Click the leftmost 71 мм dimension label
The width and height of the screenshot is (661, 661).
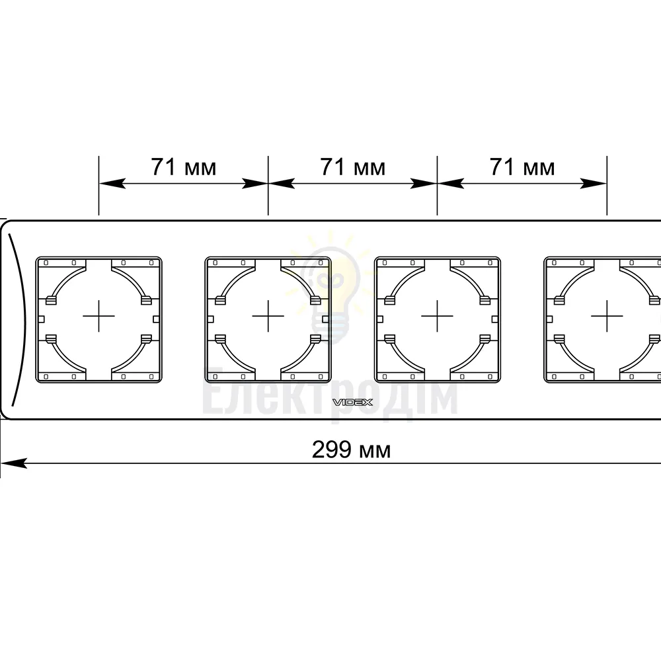pos(184,167)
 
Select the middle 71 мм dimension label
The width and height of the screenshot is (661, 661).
pos(353,167)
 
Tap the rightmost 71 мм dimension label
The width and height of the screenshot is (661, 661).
pos(522,167)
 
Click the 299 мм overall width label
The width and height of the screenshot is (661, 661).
pos(351,449)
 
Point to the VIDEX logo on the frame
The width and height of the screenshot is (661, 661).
pos(353,402)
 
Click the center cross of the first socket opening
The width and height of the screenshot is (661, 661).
pos(98,316)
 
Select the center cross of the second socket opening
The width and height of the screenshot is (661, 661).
pos(268,316)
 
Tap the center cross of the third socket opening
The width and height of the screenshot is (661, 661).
pos(437,316)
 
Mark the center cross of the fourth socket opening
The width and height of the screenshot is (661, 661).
pos(607,316)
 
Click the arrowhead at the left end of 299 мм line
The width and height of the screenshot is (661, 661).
pos(13,463)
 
